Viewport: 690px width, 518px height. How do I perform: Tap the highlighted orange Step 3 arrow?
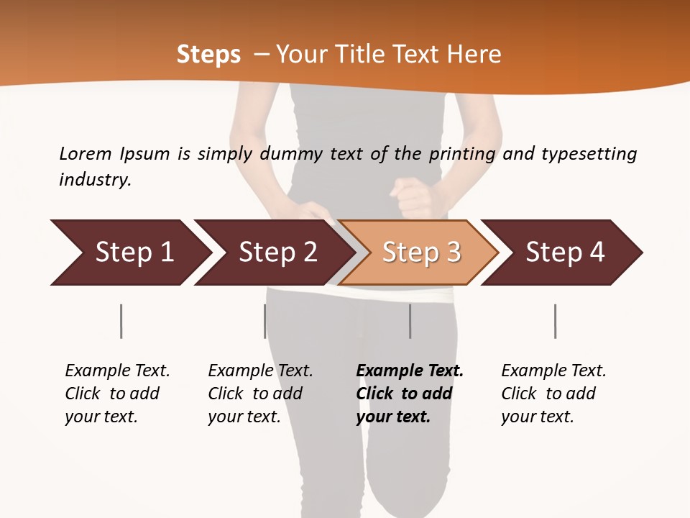[x=421, y=253]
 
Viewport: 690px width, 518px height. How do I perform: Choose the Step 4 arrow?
[x=565, y=253]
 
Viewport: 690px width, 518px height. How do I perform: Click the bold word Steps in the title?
[x=208, y=55]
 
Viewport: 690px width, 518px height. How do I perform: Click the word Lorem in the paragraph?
[x=85, y=153]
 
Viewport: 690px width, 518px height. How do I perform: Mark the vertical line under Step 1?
[x=121, y=321]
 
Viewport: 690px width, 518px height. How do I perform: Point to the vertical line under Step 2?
[x=265, y=321]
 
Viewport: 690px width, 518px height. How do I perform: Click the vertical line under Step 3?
[x=410, y=321]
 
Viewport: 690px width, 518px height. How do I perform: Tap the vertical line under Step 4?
[x=556, y=321]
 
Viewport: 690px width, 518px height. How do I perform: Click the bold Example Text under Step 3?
[x=410, y=371]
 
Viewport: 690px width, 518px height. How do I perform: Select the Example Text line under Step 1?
[x=117, y=371]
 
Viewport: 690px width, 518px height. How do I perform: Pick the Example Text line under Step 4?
[x=553, y=371]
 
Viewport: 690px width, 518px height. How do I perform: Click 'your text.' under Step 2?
[x=244, y=417]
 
